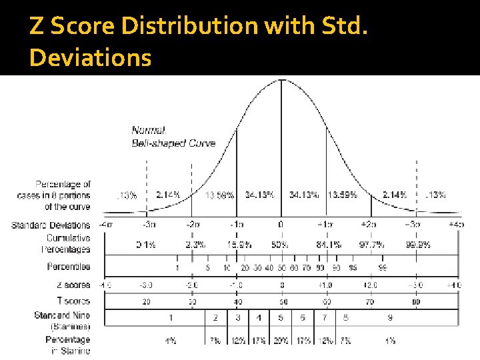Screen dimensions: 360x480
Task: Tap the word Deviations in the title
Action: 91,58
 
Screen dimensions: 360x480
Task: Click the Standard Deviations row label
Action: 51,225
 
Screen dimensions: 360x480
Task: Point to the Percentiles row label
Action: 69,267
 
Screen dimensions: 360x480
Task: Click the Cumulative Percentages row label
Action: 68,243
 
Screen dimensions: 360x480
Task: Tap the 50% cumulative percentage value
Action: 281,245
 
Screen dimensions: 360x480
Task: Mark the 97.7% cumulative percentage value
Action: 371,245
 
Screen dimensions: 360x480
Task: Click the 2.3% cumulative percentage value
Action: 195,245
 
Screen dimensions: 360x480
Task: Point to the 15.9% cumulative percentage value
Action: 239,245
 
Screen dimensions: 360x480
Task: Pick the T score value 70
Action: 370,301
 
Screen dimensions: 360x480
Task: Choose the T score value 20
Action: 147,301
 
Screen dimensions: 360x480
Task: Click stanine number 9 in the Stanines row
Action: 390,318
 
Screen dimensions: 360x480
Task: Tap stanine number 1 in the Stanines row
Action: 171,318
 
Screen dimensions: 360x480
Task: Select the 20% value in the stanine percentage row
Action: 281,341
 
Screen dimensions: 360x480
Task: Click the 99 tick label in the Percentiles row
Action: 383,267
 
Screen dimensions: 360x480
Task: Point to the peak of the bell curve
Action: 281,80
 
